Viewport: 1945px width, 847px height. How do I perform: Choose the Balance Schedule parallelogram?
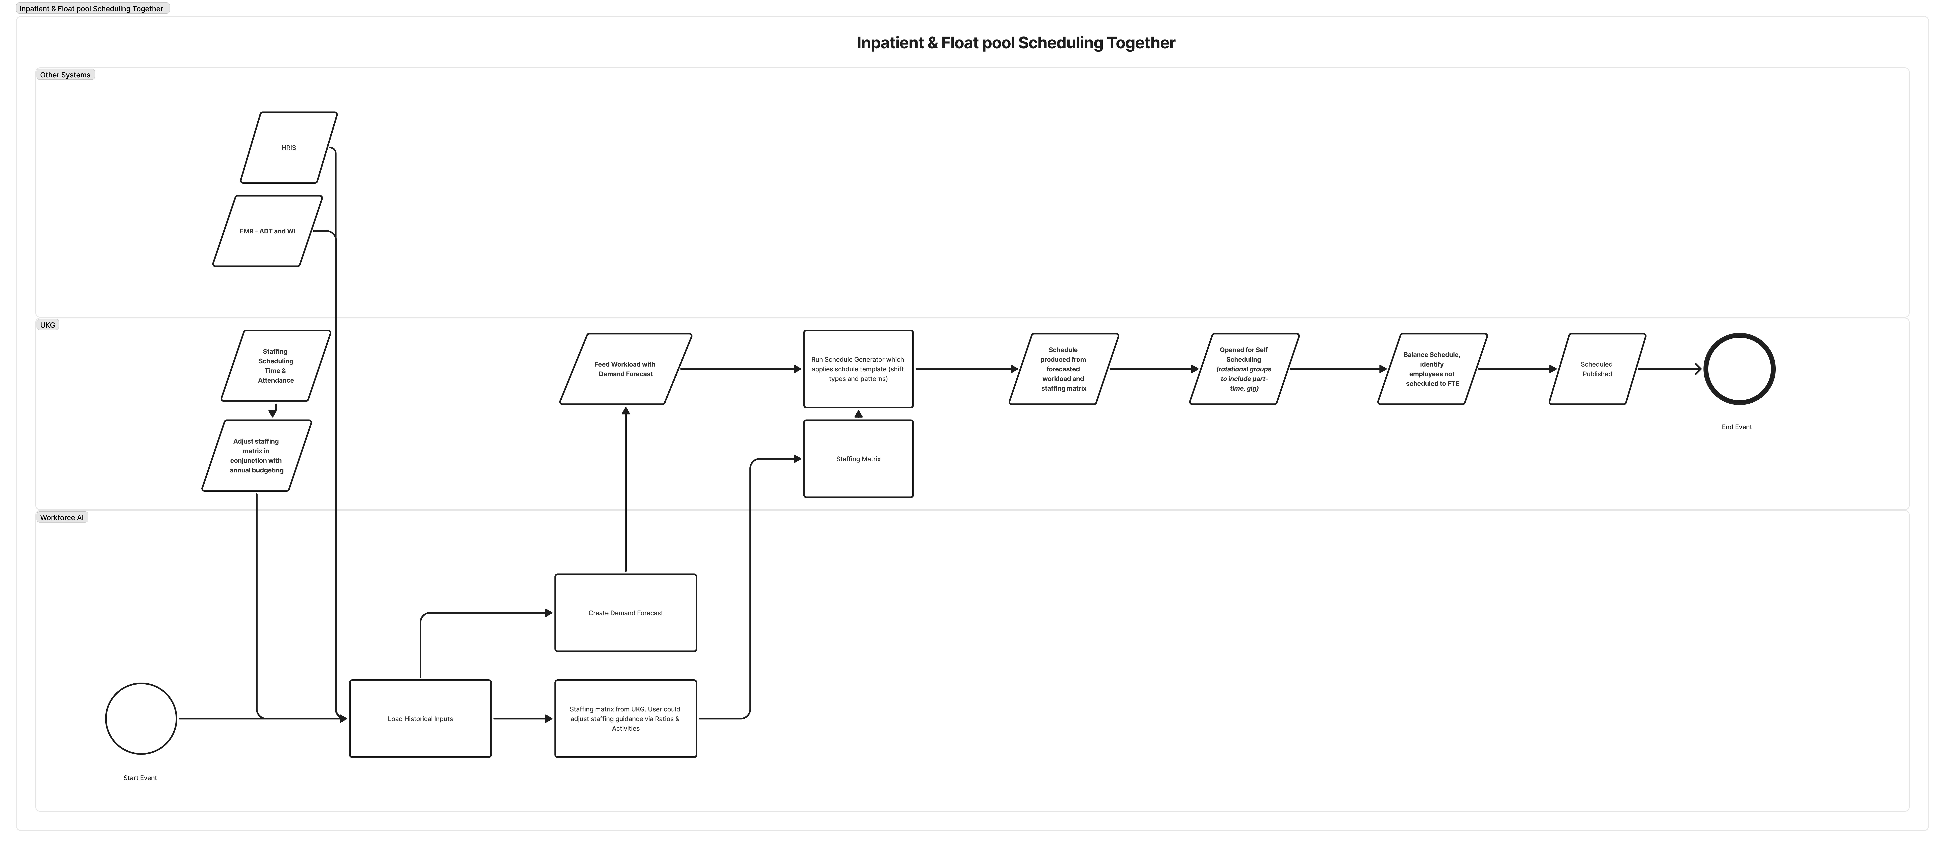1432,369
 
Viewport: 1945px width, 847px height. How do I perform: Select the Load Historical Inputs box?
421,719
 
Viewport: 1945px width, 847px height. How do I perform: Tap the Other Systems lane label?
65,75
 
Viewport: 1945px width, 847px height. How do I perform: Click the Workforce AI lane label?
62,517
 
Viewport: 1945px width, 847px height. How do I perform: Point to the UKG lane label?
48,325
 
